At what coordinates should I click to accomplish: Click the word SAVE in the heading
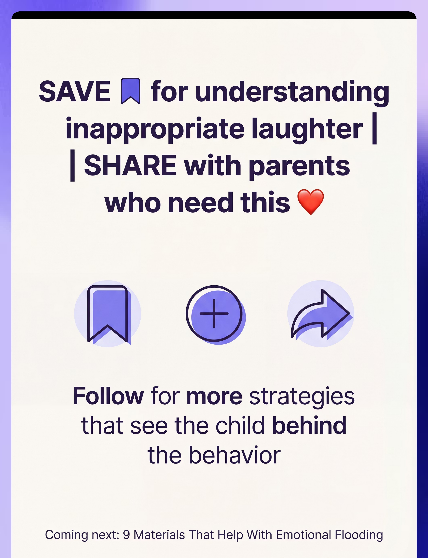pyautogui.click(x=74, y=91)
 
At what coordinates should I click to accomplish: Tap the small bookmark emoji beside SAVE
pyautogui.click(x=130, y=91)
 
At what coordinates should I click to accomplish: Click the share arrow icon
pyautogui.click(x=322, y=314)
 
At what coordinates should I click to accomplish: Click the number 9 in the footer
pyautogui.click(x=126, y=535)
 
